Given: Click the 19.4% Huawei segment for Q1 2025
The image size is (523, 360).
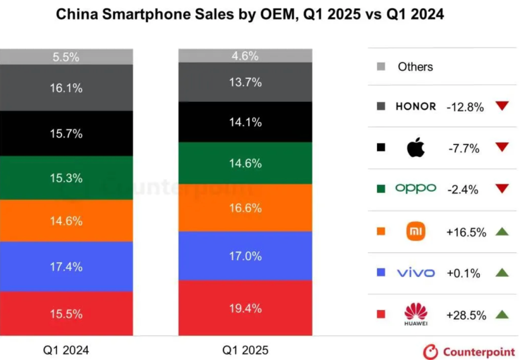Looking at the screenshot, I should [245, 308].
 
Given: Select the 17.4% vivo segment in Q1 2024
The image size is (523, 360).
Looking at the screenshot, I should [66, 266].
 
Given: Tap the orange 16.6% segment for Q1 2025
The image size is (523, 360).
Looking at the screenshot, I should [245, 208].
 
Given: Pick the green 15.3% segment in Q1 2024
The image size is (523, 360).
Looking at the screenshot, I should [66, 178].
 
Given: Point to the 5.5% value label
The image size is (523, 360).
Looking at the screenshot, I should [66, 57].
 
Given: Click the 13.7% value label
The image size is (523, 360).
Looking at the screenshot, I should [245, 82].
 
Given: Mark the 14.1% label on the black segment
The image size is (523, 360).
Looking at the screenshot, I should [245, 123].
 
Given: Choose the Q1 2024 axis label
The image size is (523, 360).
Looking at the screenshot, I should [66, 350].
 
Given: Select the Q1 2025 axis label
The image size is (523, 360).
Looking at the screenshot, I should [245, 350].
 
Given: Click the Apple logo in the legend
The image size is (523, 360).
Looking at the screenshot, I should [415, 148].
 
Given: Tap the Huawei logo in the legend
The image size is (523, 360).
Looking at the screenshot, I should [415, 314].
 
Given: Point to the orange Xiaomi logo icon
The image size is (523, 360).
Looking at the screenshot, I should [415, 232].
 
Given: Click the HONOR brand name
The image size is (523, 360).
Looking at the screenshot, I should [415, 107].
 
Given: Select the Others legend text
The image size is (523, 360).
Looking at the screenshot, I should [415, 67].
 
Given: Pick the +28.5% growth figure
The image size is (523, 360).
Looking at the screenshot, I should [466, 315].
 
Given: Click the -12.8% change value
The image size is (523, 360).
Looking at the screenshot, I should [465, 107].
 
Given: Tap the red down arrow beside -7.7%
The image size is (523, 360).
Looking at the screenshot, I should [502, 147].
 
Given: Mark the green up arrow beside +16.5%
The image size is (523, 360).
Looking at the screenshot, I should [502, 232].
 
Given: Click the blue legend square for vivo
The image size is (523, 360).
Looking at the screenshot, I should [381, 273].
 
